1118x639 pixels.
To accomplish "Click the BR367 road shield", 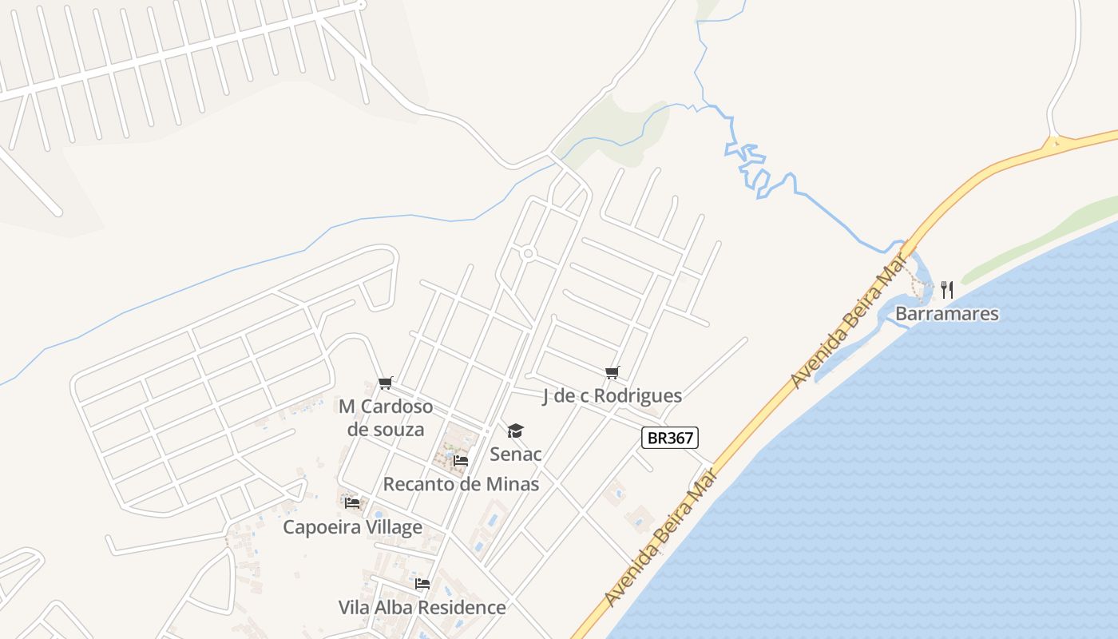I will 670,438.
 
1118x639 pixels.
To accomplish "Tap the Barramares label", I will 946,313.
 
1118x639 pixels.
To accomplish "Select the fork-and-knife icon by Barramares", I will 947,289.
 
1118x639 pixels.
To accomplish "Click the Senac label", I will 516,454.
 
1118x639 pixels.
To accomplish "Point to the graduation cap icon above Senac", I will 516,431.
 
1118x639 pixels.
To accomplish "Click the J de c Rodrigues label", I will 612,395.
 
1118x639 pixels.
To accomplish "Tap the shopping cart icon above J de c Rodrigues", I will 613,372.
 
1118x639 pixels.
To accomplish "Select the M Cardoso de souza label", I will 386,417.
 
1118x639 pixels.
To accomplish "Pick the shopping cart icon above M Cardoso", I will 386,383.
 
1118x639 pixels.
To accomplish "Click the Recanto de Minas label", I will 461,484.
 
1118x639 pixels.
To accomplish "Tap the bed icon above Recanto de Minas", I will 461,461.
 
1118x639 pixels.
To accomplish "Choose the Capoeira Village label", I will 352,527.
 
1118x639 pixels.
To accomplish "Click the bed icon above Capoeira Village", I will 352,503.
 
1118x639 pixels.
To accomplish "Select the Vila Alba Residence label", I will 422,607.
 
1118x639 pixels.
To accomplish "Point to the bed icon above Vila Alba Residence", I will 422,584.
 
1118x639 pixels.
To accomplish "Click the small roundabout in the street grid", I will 528,254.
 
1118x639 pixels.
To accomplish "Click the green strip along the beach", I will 1038,240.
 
